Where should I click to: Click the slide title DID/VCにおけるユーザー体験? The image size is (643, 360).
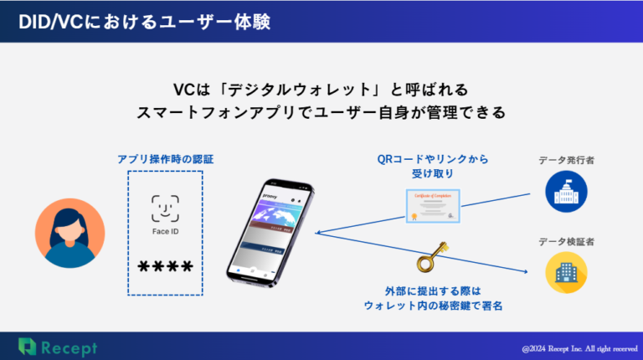(x=141, y=20)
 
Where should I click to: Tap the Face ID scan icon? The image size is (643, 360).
(x=165, y=207)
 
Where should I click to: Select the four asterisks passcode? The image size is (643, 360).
(x=165, y=267)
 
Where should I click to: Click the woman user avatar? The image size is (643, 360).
(x=69, y=232)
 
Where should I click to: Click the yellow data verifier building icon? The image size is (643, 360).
(x=566, y=272)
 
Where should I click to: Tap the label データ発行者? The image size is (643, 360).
(x=566, y=159)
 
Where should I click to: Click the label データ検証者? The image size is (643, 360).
(x=566, y=242)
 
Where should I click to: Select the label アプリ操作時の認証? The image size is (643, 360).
(x=165, y=158)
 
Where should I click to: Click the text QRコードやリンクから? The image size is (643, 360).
(x=432, y=159)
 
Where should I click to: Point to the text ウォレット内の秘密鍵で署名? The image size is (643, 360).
(x=432, y=306)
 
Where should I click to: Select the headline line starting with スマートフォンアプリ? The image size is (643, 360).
(x=321, y=112)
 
